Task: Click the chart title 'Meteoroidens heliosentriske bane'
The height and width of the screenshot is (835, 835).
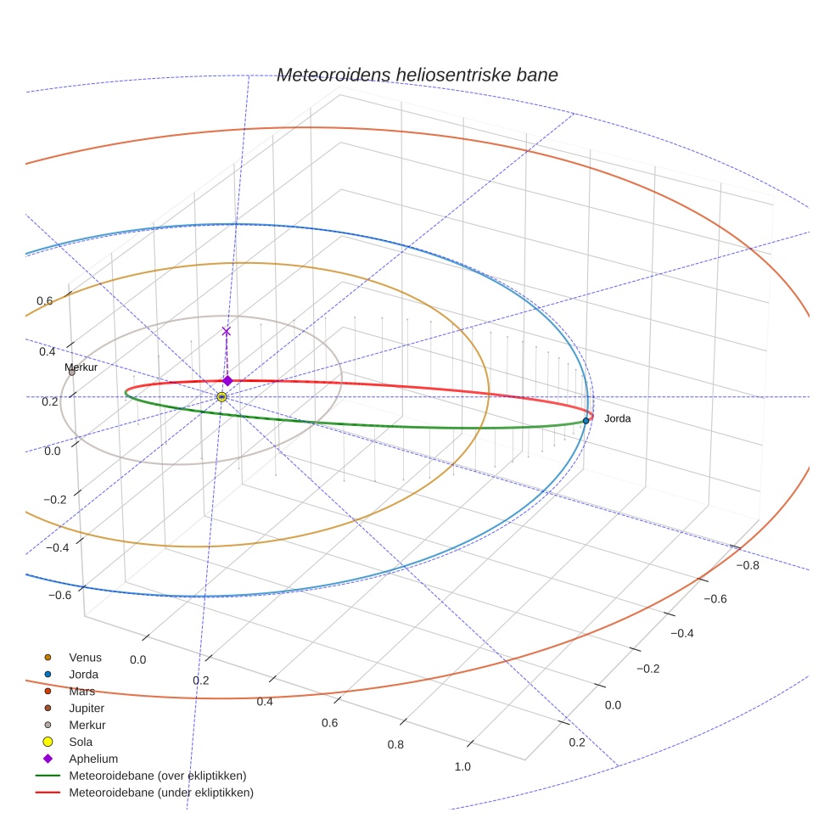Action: (x=417, y=75)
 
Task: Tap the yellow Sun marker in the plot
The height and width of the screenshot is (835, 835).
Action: (x=221, y=396)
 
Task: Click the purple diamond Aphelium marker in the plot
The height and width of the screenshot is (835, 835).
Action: (x=227, y=380)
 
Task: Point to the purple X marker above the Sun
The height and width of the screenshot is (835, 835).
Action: (x=226, y=331)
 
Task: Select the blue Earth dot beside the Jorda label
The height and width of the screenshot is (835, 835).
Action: (x=586, y=420)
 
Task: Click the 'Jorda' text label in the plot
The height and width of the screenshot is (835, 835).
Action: (x=617, y=418)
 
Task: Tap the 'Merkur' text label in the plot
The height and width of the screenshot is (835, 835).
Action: (x=81, y=367)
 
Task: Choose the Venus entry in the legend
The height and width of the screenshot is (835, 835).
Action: (x=85, y=657)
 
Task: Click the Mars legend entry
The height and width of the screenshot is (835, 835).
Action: (x=81, y=691)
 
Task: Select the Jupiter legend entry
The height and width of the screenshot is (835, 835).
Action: (x=87, y=708)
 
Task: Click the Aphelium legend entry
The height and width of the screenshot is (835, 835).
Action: (x=93, y=759)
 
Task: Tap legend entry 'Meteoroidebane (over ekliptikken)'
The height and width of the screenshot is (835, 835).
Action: (x=157, y=776)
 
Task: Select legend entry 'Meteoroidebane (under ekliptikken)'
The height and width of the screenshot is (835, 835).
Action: (x=160, y=793)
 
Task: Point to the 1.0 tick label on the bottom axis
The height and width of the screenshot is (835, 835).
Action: (x=462, y=766)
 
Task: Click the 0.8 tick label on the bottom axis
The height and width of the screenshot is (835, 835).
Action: (x=395, y=744)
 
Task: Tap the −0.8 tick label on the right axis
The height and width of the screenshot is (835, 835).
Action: (x=747, y=565)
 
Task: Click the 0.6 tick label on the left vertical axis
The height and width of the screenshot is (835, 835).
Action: (x=44, y=301)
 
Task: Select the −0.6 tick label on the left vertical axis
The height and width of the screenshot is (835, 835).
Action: (x=59, y=595)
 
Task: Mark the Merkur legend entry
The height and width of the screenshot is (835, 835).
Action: (x=87, y=725)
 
